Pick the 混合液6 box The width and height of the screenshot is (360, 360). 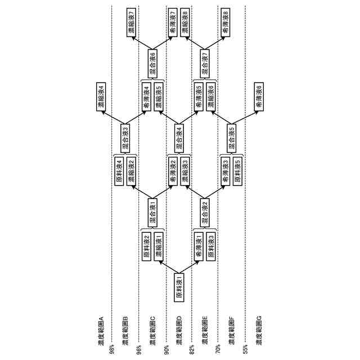point(152,62)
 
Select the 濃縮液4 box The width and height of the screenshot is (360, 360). point(101,96)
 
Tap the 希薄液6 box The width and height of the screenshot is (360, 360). point(259,96)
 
